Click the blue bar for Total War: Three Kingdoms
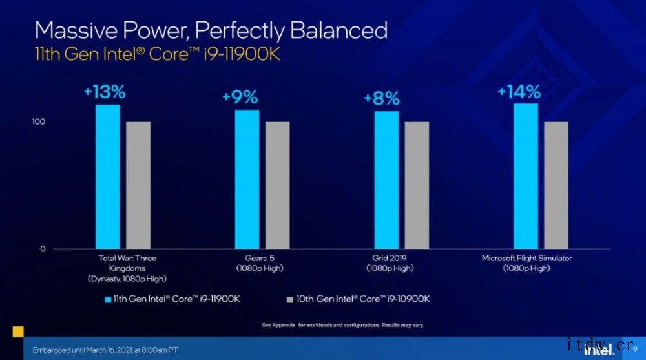108,176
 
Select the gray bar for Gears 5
277,185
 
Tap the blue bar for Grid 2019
386,180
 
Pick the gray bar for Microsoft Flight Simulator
556,185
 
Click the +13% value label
105,92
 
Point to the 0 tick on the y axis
43,249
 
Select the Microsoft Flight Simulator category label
527,263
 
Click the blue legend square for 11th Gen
108,299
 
